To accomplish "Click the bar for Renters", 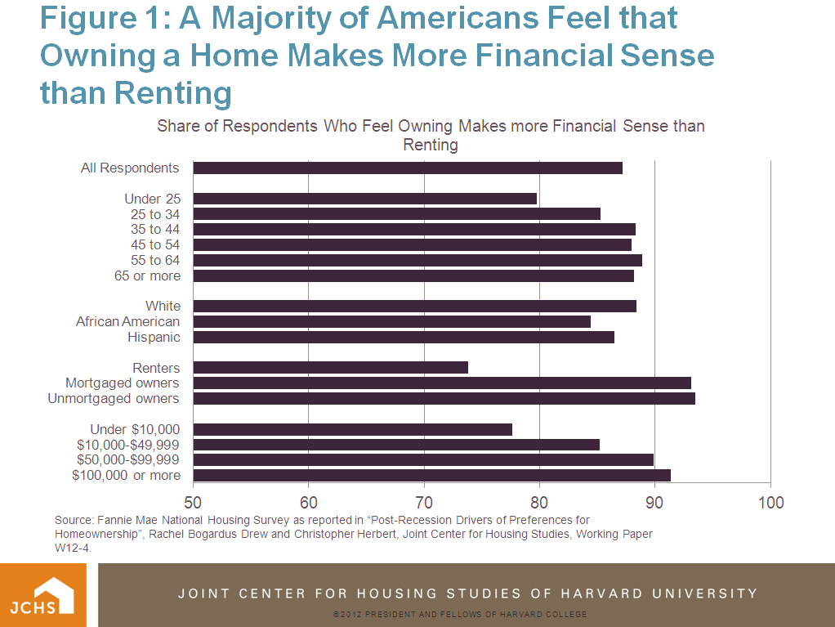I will tap(331, 368).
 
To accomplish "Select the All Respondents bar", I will tap(408, 168).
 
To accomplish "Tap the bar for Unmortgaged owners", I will tap(444, 399).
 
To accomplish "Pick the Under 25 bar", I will tap(365, 199).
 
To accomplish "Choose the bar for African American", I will tap(392, 322).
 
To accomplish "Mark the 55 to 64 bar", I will tap(417, 261).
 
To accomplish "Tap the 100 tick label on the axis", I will tap(770, 502).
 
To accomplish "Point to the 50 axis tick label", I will tap(194, 502).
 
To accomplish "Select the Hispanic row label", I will tap(154, 337).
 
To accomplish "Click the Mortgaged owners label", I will tap(123, 383).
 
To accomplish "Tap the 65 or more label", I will tap(147, 276).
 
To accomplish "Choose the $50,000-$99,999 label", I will tap(128, 460).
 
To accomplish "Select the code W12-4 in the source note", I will tap(74, 549).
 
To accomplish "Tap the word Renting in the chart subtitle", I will tap(431, 146).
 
